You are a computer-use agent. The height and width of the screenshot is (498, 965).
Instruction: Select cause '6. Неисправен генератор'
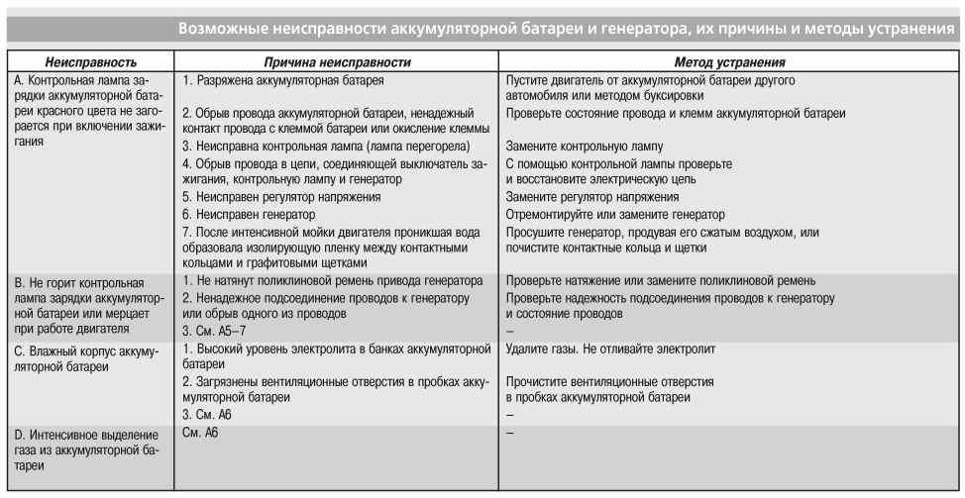click(250, 214)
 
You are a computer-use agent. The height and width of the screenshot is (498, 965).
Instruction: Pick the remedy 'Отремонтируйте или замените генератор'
click(614, 214)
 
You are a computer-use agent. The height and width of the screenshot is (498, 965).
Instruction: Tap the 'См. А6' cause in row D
click(201, 435)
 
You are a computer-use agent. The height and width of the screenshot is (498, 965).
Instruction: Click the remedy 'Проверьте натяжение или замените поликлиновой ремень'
click(660, 280)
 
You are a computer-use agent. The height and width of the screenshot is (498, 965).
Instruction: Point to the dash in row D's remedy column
click(509, 435)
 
